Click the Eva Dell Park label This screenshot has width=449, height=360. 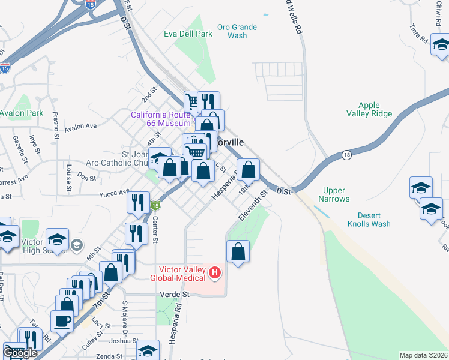pos(188,34)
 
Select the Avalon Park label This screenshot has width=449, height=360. pos(21,113)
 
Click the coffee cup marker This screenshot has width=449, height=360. pos(62,320)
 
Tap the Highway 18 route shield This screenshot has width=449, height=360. pos(346,155)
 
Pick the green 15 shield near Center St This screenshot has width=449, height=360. pos(155,205)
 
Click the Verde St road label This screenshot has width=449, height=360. pos(175,295)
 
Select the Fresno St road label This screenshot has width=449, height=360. pos(55,125)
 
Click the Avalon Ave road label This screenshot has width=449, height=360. pos(80,127)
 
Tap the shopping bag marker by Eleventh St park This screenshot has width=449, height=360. pos(238,251)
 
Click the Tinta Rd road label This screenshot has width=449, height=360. pos(418,34)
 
